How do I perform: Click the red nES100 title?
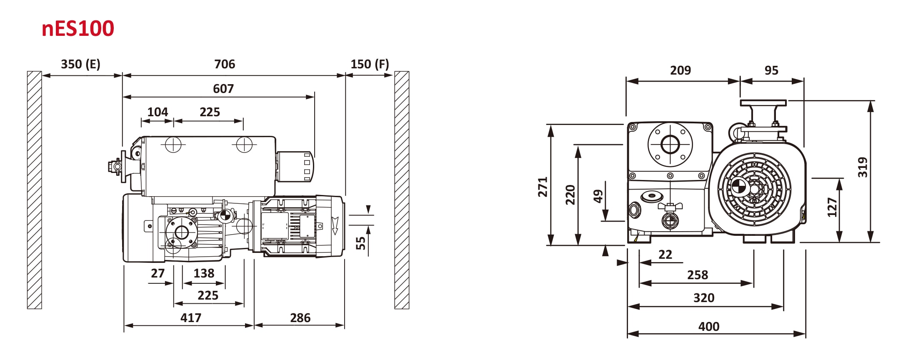78,29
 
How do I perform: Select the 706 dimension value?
225,64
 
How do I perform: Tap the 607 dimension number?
223,89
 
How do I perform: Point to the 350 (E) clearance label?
80,64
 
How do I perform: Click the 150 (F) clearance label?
370,64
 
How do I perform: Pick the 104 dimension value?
158,112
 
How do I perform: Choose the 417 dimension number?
191,318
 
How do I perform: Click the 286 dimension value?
300,318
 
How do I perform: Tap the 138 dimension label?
204,273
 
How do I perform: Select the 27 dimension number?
158,273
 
